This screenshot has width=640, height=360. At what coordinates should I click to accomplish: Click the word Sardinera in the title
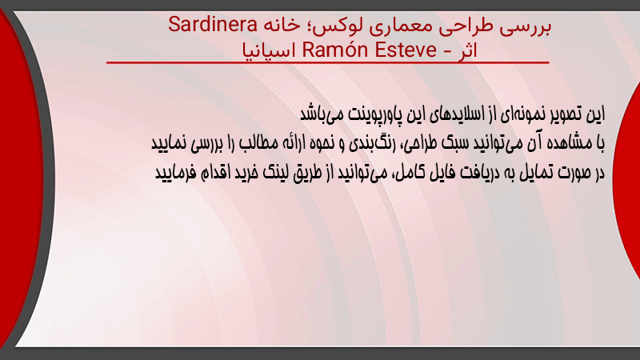coord(213,25)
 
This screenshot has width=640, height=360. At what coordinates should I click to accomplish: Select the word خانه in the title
coord(282,26)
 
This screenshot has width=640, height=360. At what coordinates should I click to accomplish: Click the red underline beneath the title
coord(328,62)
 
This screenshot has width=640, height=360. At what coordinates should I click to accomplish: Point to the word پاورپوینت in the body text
coord(371,114)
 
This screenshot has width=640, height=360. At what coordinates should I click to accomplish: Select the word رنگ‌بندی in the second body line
coord(374,143)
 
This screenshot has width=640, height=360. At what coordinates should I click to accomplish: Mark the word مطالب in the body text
coord(258,143)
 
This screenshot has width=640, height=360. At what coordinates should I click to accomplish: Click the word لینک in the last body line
coord(275,173)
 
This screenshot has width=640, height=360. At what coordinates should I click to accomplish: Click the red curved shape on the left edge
coord(21,179)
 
